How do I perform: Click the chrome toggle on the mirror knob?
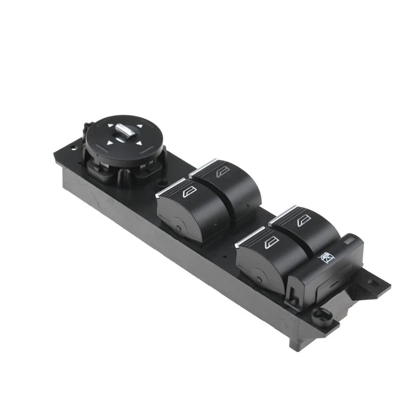click(123, 133)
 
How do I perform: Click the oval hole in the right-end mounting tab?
click(380, 285)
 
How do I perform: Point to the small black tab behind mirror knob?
click(88, 128)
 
